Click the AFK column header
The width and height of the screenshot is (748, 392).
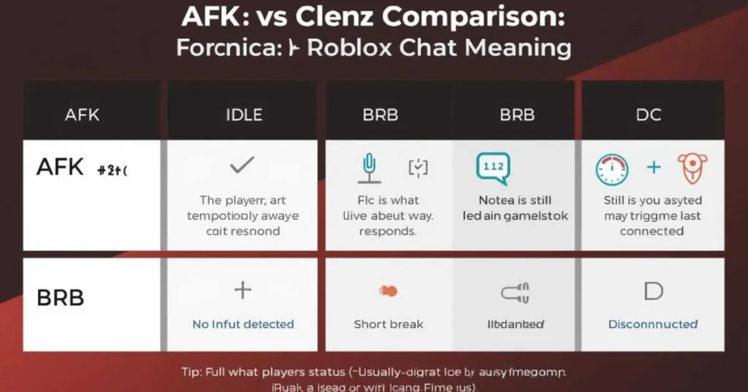pyautogui.click(x=81, y=115)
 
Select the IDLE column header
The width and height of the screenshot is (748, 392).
pyautogui.click(x=244, y=115)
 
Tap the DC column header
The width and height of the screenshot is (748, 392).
pyautogui.click(x=648, y=115)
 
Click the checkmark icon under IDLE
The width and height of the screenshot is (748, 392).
pyautogui.click(x=241, y=166)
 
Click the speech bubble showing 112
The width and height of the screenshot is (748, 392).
pyautogui.click(x=493, y=167)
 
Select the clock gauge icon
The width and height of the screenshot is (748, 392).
pyautogui.click(x=611, y=169)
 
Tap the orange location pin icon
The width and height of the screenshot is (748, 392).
pyautogui.click(x=692, y=167)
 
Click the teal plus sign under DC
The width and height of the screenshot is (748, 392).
pyautogui.click(x=653, y=167)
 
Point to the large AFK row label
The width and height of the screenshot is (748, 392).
pyautogui.click(x=60, y=167)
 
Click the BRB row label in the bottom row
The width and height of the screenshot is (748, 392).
pyautogui.click(x=60, y=298)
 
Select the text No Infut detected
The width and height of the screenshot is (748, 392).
pyautogui.click(x=243, y=324)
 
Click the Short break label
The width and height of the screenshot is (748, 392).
pyautogui.click(x=388, y=324)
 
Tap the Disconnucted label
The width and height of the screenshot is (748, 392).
pyautogui.click(x=652, y=324)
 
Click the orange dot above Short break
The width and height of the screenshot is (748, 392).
pyautogui.click(x=389, y=291)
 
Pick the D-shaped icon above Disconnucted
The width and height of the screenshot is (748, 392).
pyautogui.click(x=652, y=291)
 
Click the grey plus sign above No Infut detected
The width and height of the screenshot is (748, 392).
pyautogui.click(x=243, y=290)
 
